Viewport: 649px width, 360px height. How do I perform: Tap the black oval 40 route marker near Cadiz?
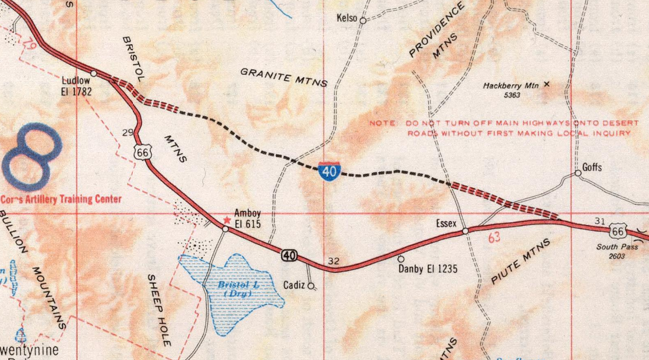click(x=289, y=255)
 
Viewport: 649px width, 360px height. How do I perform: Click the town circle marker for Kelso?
click(x=363, y=21)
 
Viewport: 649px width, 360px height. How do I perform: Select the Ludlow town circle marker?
click(x=93, y=73)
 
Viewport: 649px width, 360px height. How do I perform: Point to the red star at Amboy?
click(x=227, y=220)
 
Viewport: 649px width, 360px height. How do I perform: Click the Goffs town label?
click(x=592, y=168)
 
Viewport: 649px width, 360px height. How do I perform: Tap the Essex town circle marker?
click(x=465, y=231)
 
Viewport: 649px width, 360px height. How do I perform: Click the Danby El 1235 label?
click(x=428, y=269)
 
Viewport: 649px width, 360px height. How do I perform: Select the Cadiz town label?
click(x=293, y=285)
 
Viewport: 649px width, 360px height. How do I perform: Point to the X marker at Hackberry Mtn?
click(x=546, y=84)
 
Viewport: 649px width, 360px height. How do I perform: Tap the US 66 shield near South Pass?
click(x=618, y=231)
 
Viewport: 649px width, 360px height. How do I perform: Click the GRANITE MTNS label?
click(x=283, y=77)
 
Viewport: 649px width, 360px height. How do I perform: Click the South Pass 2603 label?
click(x=617, y=251)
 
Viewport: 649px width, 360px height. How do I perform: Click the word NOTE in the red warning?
click(x=381, y=123)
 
